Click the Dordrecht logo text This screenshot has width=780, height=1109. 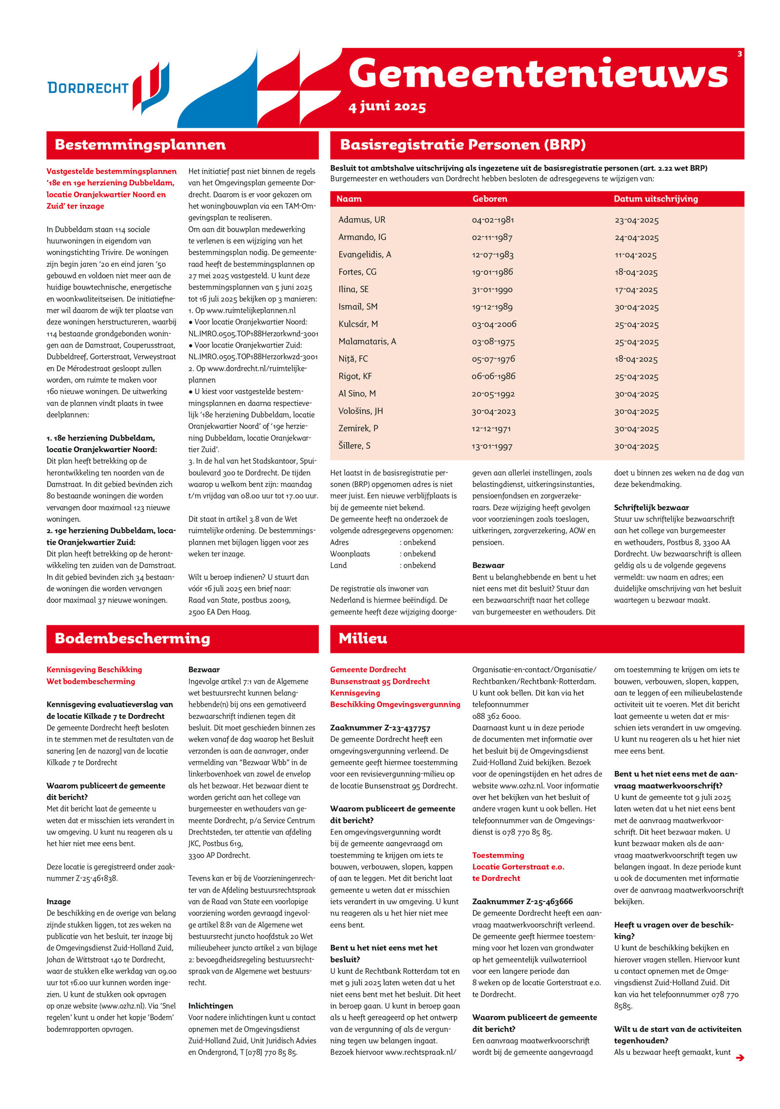[88, 88]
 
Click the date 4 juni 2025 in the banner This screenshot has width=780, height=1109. [387, 107]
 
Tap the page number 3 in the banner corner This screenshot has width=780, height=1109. [740, 54]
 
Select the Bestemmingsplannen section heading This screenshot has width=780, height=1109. [140, 145]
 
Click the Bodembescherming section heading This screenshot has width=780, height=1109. [132, 638]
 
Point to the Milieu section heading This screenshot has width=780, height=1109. [363, 638]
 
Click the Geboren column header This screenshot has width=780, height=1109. [489, 198]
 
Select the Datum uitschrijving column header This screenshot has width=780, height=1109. [656, 198]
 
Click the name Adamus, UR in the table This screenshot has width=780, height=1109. [362, 220]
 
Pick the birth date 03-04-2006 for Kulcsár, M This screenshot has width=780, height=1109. [494, 324]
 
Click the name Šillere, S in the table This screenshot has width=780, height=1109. [354, 446]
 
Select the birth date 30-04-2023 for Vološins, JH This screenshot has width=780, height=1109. [493, 412]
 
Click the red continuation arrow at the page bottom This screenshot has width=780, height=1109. [740, 1058]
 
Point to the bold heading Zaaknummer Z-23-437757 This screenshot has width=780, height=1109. [380, 728]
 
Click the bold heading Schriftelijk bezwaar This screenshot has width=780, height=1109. [651, 508]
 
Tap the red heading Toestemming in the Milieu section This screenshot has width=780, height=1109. [498, 855]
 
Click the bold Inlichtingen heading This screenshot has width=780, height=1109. [211, 1006]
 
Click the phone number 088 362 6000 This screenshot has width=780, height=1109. [496, 716]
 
